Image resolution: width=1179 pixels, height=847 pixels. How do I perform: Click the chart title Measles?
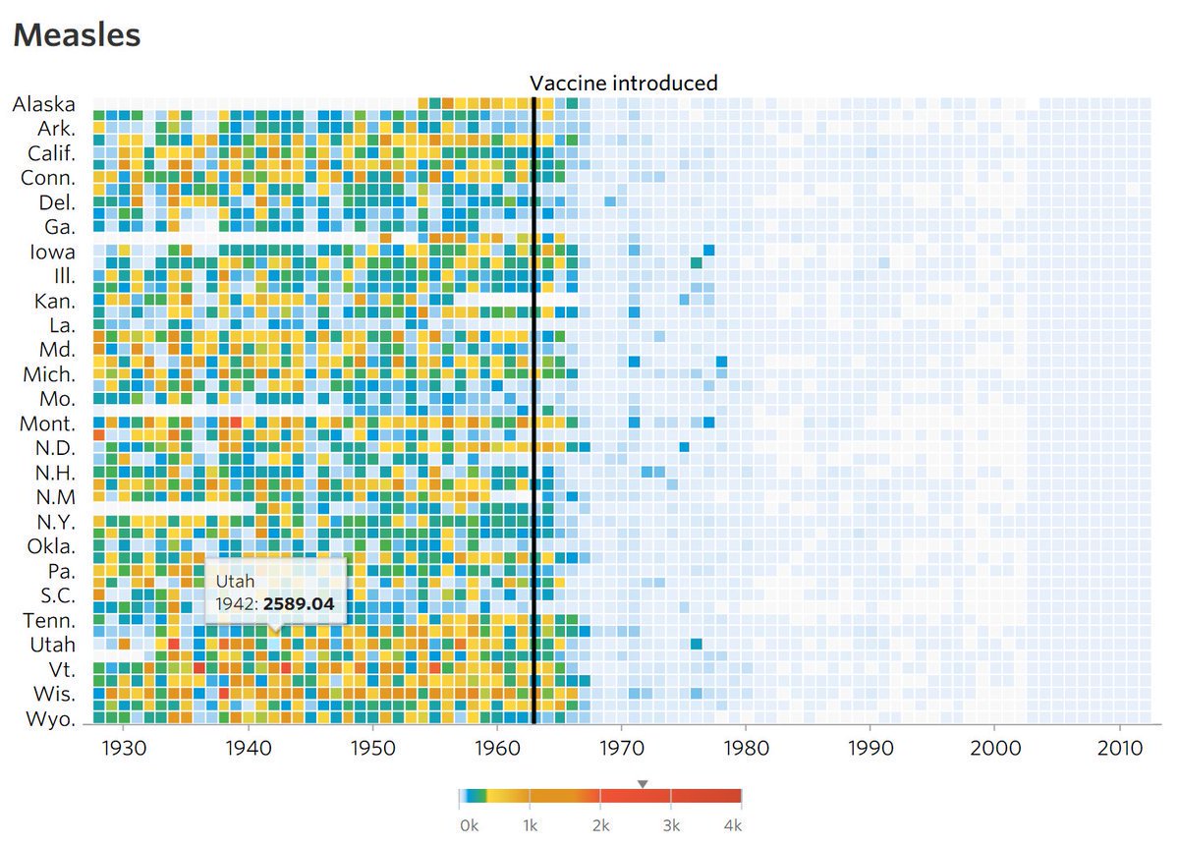[x=77, y=35]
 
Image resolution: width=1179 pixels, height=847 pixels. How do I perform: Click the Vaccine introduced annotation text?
[x=624, y=84]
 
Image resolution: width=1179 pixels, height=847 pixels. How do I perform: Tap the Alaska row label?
[x=43, y=104]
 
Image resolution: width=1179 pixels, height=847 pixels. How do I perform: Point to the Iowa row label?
[x=52, y=252]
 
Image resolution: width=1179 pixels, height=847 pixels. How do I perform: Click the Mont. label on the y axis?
[x=47, y=423]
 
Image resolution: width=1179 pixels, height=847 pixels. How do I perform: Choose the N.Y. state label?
[x=55, y=522]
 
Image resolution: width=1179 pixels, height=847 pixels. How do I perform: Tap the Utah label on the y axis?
[x=52, y=645]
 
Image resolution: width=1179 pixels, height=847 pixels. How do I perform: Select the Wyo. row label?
[x=51, y=719]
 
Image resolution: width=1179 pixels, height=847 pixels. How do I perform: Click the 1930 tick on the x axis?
[x=124, y=746]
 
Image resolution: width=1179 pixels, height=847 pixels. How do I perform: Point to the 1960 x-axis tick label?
[x=496, y=746]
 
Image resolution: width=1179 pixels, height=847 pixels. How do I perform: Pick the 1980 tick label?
[x=745, y=746]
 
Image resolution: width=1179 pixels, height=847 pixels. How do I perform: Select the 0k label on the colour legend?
[x=470, y=825]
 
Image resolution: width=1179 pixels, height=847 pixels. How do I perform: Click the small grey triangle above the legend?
[x=643, y=783]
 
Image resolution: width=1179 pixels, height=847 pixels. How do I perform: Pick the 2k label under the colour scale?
[x=601, y=825]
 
